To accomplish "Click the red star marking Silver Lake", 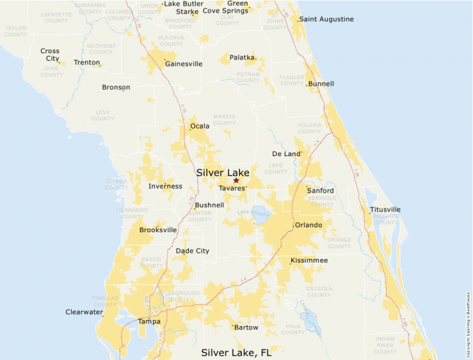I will [x=236, y=180].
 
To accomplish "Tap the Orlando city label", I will [x=308, y=225].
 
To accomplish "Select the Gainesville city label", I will [x=183, y=64].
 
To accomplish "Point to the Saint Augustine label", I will [x=326, y=19].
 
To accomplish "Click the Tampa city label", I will [x=149, y=321].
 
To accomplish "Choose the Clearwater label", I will [x=84, y=312].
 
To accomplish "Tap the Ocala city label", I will [x=200, y=126].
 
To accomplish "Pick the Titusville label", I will [x=385, y=209].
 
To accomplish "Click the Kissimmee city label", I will [x=309, y=260].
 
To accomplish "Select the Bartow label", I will [x=245, y=328].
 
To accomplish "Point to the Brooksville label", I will [x=158, y=230].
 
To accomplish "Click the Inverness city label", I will [x=165, y=187].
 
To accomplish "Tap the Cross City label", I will [x=50, y=55].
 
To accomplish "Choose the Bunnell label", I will [x=321, y=84].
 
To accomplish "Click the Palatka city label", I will [x=243, y=57].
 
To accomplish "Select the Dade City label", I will [x=192, y=251].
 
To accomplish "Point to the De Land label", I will [x=287, y=153].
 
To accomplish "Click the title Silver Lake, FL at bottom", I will [x=236, y=352].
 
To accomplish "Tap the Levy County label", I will [x=103, y=115].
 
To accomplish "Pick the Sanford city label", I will [x=321, y=191].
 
